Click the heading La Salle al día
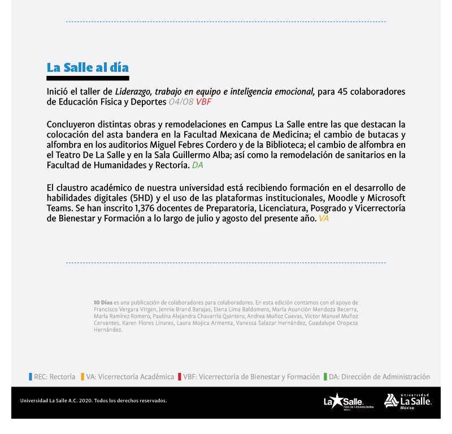click(88, 67)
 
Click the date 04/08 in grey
click(181, 102)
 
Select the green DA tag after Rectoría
click(197, 166)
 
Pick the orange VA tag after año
click(323, 218)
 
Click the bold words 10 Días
click(103, 303)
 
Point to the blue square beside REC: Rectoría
click(30, 377)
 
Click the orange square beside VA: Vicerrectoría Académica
click(82, 377)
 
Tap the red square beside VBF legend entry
click(179, 377)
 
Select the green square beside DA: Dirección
click(325, 377)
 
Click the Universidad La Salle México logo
click(407, 401)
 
